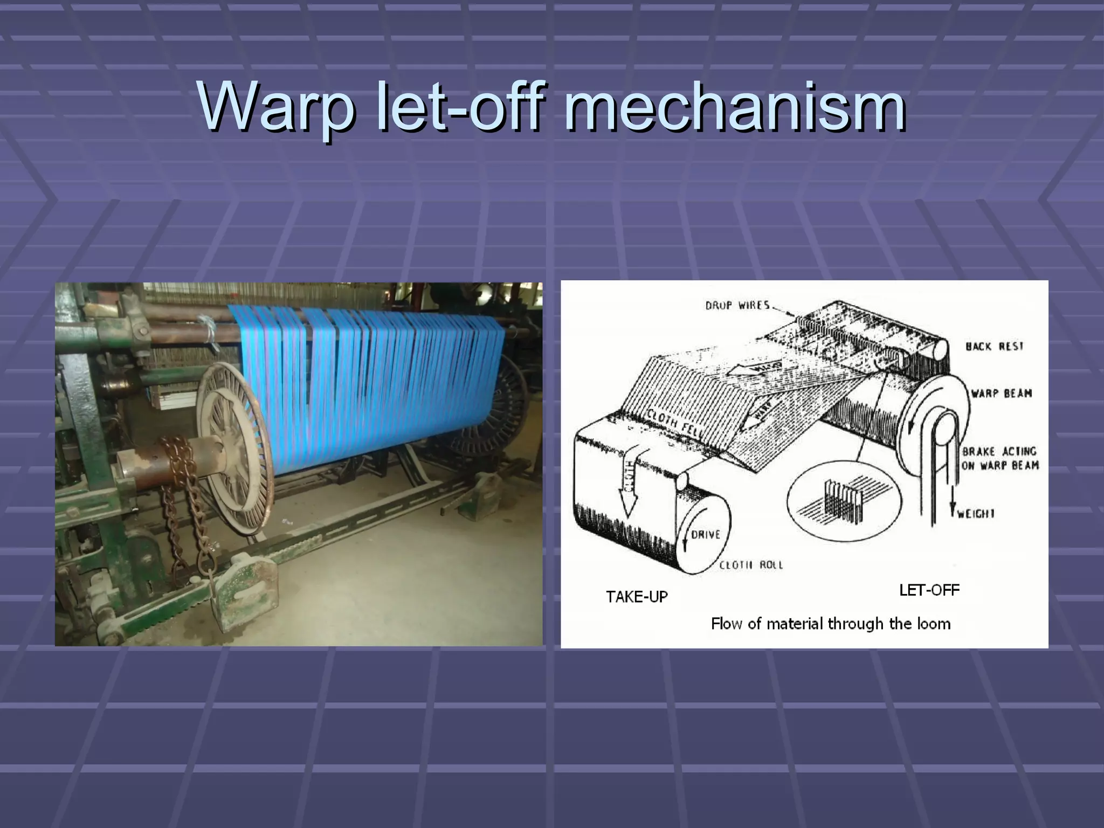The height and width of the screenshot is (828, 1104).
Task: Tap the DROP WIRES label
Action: click(x=737, y=305)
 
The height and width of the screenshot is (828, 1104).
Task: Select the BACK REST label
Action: click(x=995, y=347)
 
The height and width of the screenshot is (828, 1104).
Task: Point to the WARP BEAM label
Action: click(x=1002, y=394)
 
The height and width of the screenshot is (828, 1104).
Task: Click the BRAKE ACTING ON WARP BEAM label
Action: click(x=1000, y=458)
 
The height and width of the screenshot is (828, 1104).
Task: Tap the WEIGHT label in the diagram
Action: click(x=976, y=514)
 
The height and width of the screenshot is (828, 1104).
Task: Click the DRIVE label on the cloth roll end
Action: click(x=706, y=535)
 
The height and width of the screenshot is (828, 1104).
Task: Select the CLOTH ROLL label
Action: click(x=751, y=565)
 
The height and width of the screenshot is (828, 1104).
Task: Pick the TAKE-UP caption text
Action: click(x=637, y=597)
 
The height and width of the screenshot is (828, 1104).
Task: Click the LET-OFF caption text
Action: click(x=929, y=590)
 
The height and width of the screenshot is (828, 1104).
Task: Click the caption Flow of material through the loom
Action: click(x=830, y=624)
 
